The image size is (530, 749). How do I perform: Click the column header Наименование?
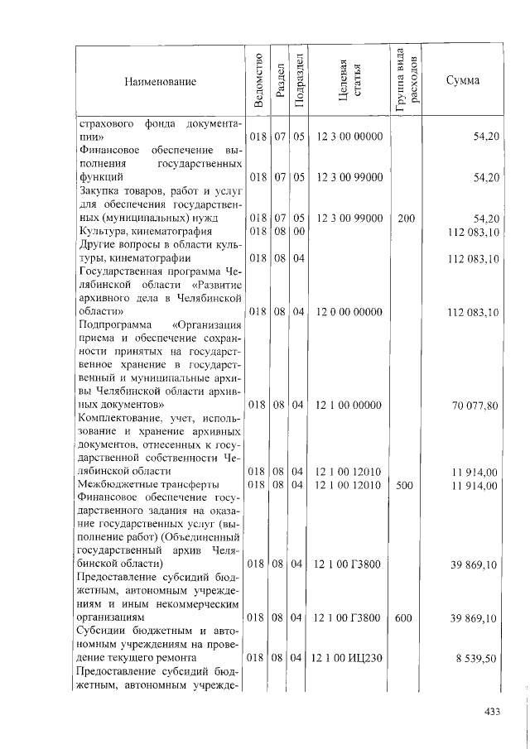coord(161,81)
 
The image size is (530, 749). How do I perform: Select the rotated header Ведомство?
coord(259,80)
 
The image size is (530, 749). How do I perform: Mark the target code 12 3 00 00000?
coord(348,136)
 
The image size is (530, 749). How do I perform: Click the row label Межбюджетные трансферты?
coord(147,484)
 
